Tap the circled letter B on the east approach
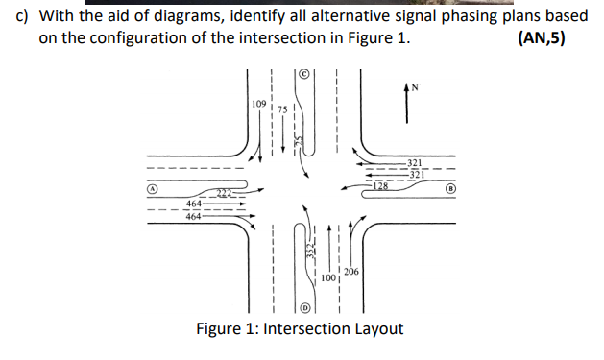(449, 189)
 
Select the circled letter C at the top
(303, 73)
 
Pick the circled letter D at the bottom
(304, 308)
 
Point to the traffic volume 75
(280, 109)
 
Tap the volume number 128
(381, 184)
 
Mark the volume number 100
(328, 277)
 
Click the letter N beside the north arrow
(415, 87)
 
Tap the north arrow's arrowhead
(410, 89)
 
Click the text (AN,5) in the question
(542, 38)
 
